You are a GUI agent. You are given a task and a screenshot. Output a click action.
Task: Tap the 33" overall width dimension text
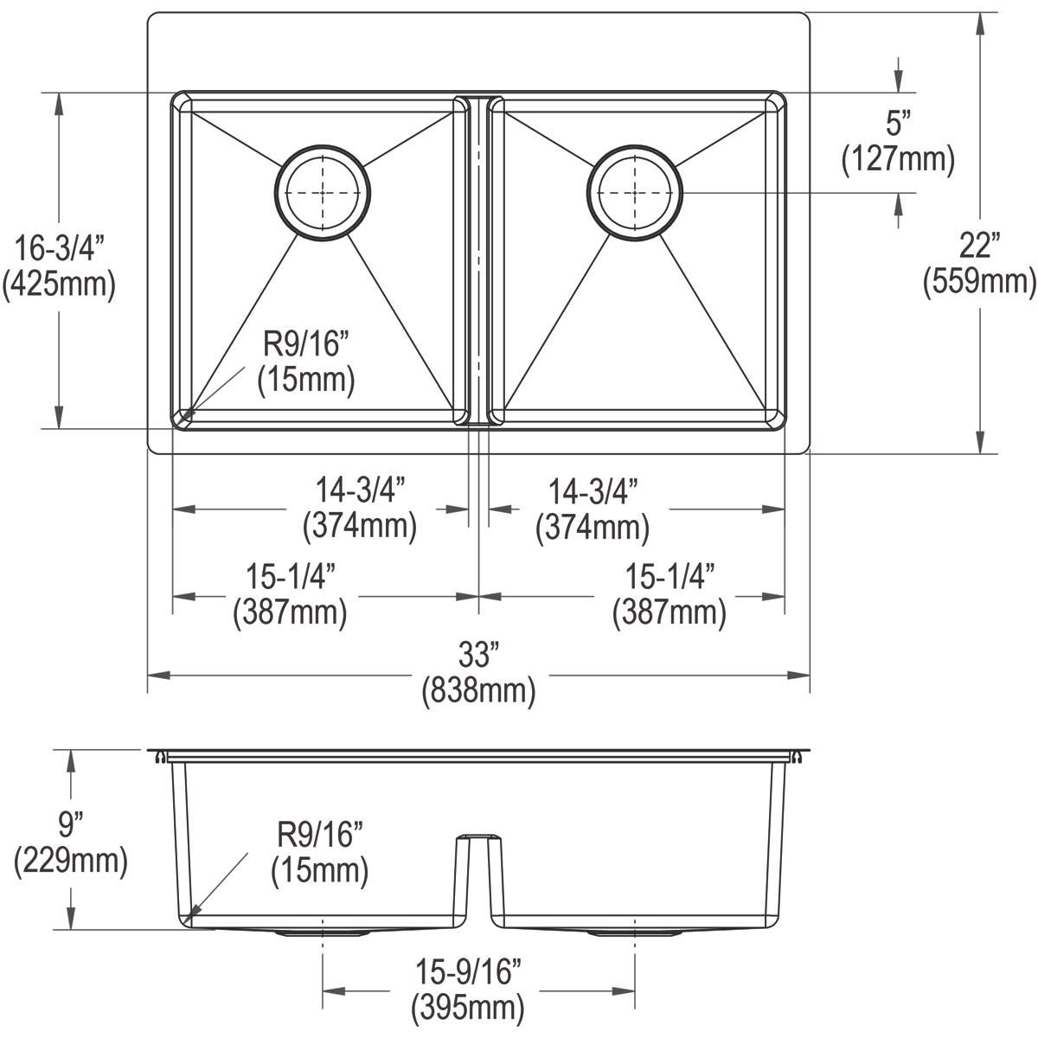[478, 657]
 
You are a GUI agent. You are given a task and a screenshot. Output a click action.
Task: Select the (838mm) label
[478, 691]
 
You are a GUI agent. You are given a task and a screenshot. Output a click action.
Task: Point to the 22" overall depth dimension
[979, 247]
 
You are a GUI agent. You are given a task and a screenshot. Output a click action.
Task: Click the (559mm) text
[979, 281]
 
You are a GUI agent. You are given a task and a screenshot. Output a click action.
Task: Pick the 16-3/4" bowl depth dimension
[59, 249]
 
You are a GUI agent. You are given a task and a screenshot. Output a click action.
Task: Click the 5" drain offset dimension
[899, 125]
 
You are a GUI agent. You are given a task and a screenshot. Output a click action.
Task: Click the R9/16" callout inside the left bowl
[306, 346]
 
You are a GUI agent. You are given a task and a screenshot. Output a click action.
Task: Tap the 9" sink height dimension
[71, 826]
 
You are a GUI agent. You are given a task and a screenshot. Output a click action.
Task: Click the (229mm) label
[71, 861]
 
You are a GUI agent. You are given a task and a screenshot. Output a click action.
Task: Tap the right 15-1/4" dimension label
[670, 578]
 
